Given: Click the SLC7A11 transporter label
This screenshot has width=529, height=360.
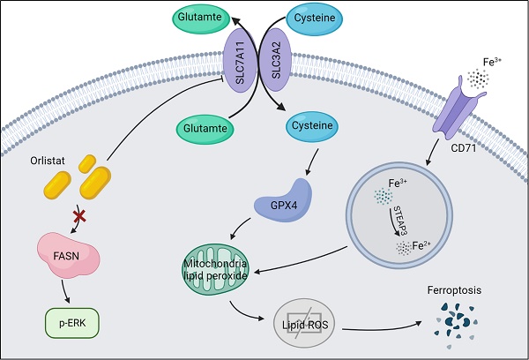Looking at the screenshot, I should click(237, 64).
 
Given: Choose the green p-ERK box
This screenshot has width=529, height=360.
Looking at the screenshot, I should click(72, 323).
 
